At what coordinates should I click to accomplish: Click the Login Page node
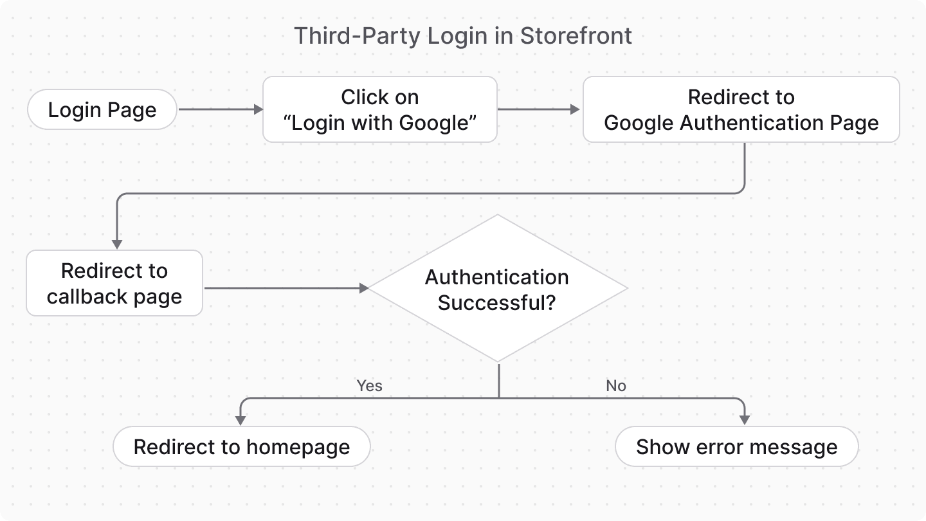(x=102, y=110)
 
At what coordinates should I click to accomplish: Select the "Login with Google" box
(x=379, y=110)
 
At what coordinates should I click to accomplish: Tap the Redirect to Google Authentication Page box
(x=741, y=110)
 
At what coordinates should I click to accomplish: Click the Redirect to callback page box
(x=114, y=284)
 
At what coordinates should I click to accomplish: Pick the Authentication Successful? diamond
(x=497, y=289)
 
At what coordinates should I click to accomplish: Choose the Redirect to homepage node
(x=242, y=447)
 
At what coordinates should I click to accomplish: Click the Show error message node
(x=737, y=447)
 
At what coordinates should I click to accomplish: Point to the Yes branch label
(x=369, y=386)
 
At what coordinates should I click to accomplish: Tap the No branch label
(x=615, y=386)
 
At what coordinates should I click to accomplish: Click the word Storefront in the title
(x=576, y=36)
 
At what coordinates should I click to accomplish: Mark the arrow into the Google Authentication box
(x=539, y=110)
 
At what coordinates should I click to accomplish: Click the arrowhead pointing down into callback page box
(x=117, y=244)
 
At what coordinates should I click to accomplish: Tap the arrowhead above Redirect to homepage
(x=241, y=420)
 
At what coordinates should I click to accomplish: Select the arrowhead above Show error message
(x=745, y=420)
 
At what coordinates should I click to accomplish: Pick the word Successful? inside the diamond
(x=496, y=302)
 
